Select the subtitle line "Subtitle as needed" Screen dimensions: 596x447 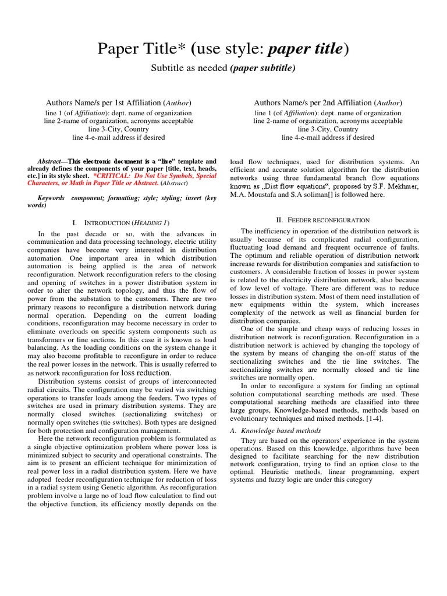189,68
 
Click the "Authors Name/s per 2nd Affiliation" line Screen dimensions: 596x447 328,102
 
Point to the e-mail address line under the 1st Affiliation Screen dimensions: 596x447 119,137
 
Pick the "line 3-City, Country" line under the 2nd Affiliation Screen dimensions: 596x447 328,129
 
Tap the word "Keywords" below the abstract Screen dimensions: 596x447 51,198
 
